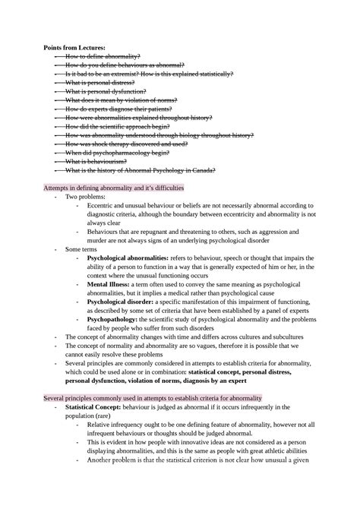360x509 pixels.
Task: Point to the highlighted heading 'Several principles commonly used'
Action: click(x=153, y=398)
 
